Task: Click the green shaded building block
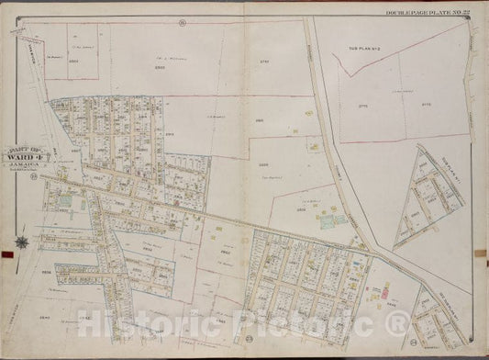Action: pyautogui.click(x=327, y=220)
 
